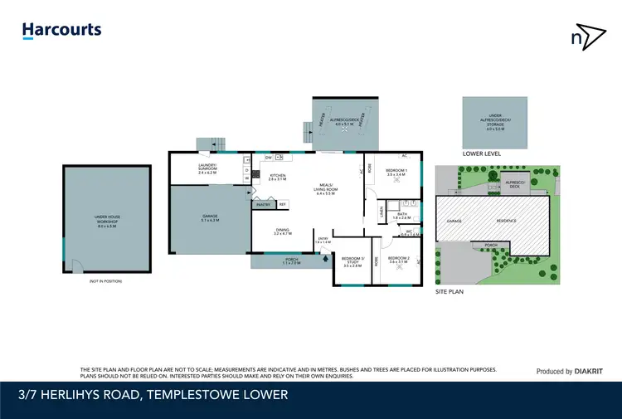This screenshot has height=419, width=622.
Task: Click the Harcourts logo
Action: [x=61, y=31]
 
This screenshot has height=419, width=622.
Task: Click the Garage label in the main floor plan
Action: [x=210, y=218]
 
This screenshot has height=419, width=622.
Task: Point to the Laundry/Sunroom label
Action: [x=207, y=168]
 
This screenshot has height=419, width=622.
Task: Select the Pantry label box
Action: [x=265, y=203]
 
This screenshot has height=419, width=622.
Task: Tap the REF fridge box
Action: [x=283, y=203]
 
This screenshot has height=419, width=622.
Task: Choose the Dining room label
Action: [x=284, y=233]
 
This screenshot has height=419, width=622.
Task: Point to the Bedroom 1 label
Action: [x=396, y=173]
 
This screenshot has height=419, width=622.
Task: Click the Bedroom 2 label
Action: [x=399, y=260]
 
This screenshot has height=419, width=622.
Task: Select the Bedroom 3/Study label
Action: [x=352, y=264]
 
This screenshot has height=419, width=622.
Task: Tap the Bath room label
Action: [x=401, y=215]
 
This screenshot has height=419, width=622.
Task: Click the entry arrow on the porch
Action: [x=325, y=258]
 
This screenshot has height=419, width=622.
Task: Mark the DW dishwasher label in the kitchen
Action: [x=268, y=157]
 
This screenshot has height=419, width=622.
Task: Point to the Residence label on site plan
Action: [x=507, y=221]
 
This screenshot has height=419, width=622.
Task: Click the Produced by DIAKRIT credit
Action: [x=569, y=371]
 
